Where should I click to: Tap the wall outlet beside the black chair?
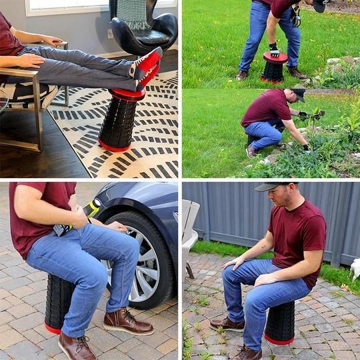(111, 33)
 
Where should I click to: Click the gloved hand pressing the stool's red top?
(273, 49)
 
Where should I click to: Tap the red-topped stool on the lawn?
(273, 67)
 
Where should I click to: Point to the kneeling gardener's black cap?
(299, 94)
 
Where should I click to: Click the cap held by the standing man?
(321, 5)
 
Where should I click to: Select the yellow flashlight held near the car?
(91, 209)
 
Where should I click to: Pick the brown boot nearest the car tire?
(127, 322)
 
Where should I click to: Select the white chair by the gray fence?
(189, 230)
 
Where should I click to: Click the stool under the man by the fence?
(279, 324)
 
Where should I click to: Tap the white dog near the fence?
(355, 268)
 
